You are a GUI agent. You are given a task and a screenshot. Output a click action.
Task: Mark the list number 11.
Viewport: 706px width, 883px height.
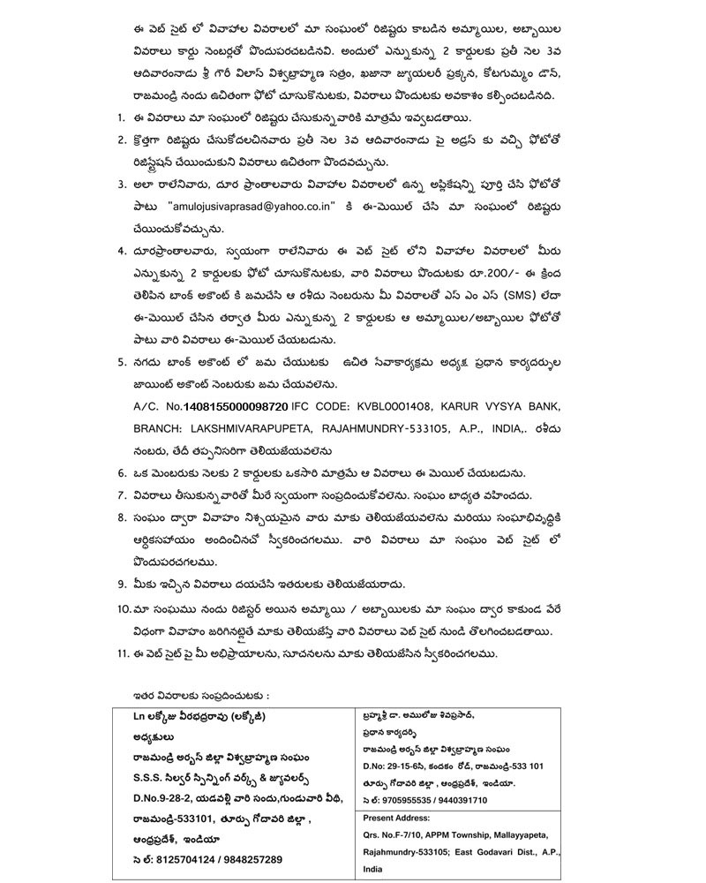click(124, 653)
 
